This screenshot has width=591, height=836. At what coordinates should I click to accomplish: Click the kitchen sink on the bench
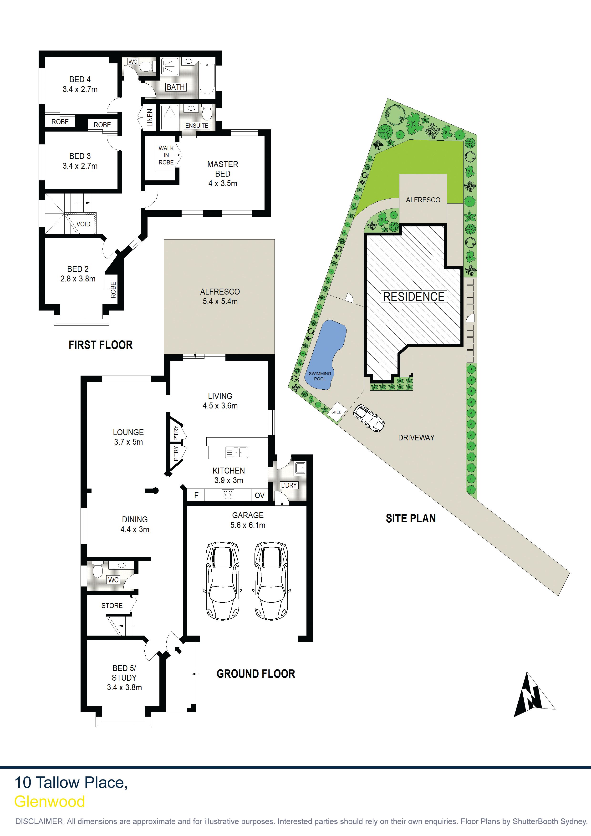(x=237, y=453)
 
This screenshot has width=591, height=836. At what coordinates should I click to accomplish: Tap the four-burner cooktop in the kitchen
(x=228, y=494)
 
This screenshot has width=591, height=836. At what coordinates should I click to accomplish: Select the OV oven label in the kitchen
(x=260, y=495)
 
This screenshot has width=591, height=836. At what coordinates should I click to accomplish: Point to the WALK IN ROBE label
(x=166, y=155)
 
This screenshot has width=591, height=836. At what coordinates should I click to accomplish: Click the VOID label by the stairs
(x=83, y=224)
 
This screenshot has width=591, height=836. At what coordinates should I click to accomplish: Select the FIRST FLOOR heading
(x=101, y=345)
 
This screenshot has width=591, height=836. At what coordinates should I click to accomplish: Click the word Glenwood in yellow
(x=50, y=801)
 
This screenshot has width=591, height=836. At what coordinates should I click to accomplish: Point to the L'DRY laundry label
(x=289, y=485)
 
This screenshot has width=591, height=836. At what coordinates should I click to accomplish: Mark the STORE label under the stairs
(x=112, y=606)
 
